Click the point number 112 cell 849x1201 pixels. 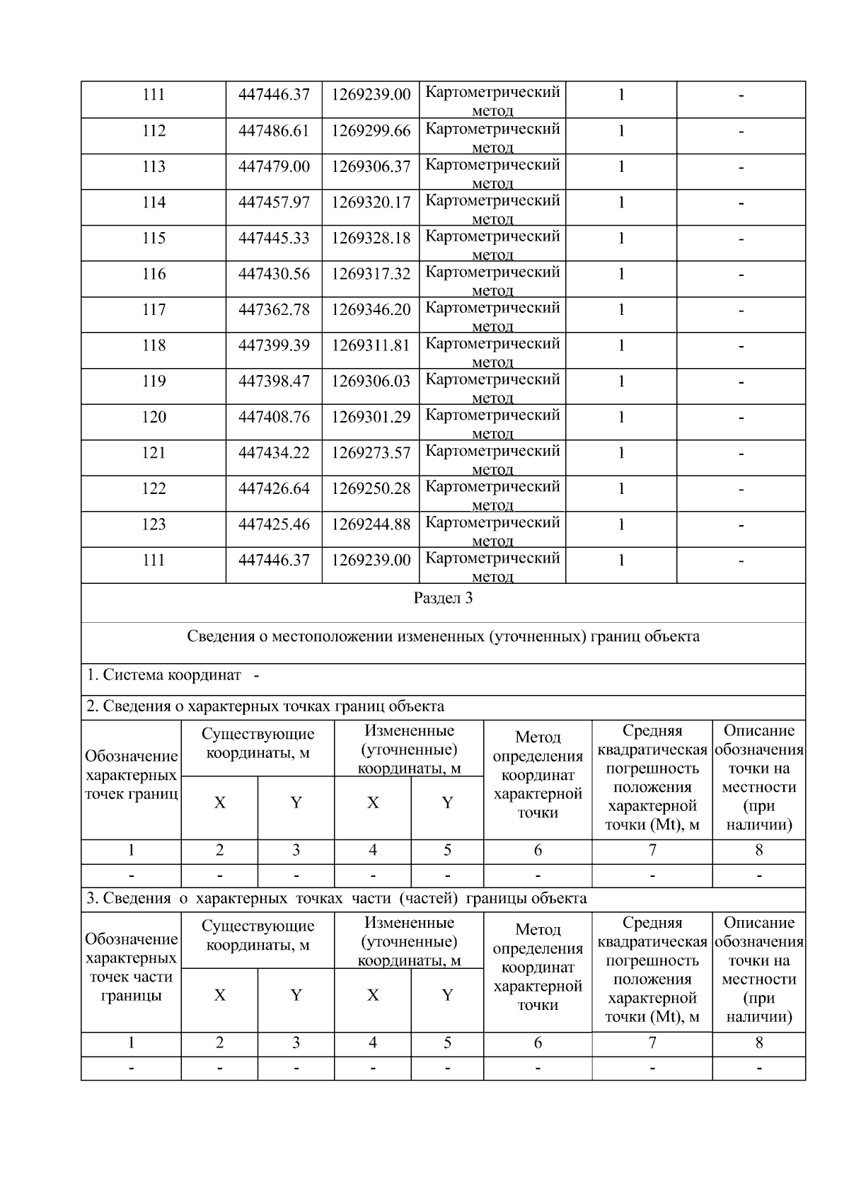(154, 131)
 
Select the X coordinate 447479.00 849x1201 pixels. (274, 167)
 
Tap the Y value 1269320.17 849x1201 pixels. (371, 203)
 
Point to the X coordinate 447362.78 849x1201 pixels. (274, 310)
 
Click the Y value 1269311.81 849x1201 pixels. (371, 346)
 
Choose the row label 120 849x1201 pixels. (154, 418)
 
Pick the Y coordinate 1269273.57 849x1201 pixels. (371, 453)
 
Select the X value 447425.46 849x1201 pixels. (274, 525)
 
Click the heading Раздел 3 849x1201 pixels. (443, 599)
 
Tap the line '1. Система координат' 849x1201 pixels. (164, 675)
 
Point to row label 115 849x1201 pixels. (154, 239)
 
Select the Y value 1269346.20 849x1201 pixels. (371, 310)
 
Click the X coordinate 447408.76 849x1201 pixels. (274, 418)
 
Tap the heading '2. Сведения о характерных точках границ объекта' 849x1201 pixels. (265, 706)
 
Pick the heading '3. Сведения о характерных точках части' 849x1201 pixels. (336, 899)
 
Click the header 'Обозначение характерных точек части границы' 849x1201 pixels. (131, 967)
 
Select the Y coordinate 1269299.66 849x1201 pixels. (371, 131)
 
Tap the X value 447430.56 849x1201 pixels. (274, 275)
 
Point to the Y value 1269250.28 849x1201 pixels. (371, 489)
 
